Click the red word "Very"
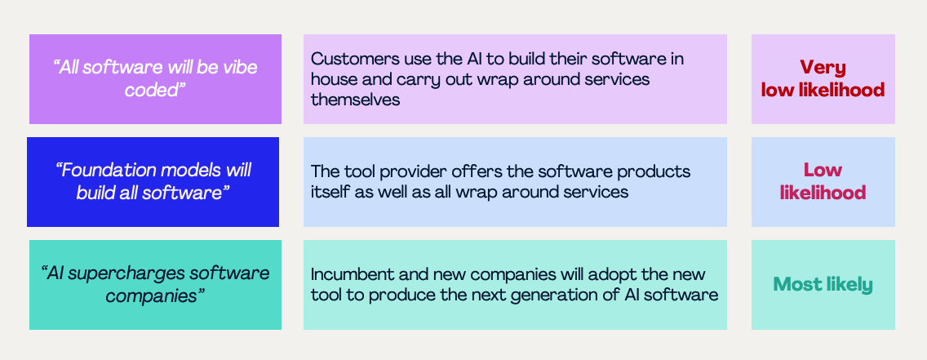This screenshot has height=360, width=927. (x=823, y=68)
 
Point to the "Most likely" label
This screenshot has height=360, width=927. (x=823, y=285)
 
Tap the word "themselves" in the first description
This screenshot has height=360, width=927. (x=355, y=100)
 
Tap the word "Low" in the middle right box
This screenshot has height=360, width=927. (x=823, y=171)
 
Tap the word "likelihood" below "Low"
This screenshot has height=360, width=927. (x=823, y=193)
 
